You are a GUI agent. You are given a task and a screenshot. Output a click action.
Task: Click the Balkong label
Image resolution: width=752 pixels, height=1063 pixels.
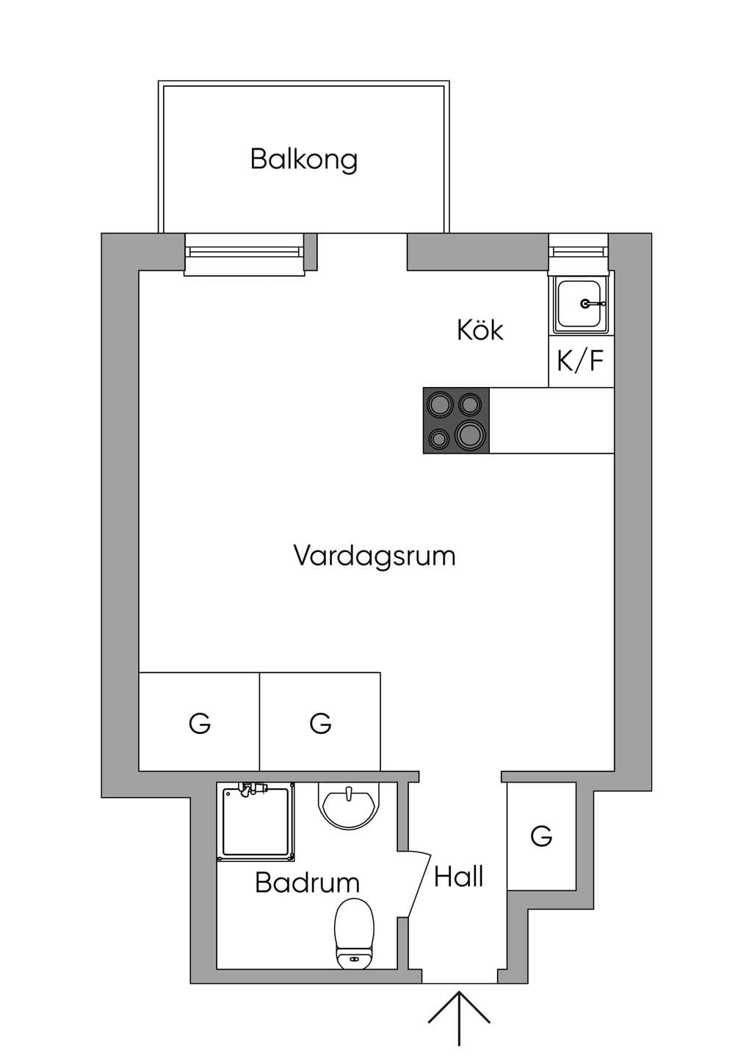click(x=304, y=160)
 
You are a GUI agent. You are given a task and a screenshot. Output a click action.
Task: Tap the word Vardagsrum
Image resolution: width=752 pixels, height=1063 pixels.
click(x=375, y=556)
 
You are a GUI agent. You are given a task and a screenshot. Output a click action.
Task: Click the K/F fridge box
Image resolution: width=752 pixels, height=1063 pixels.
click(x=581, y=361)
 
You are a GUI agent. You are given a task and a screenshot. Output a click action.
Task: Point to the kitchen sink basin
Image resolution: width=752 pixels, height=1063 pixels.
click(x=578, y=304)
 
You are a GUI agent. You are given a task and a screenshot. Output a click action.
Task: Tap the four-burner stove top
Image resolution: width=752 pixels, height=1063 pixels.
click(x=456, y=421)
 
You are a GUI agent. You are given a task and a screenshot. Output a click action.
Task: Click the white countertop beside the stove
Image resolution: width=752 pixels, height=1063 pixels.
click(x=552, y=421)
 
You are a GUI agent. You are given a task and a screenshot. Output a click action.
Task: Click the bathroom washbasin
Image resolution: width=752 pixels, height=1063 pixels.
click(x=350, y=806)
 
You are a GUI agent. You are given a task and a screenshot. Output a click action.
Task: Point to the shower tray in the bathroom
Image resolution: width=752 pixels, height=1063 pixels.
click(x=256, y=822)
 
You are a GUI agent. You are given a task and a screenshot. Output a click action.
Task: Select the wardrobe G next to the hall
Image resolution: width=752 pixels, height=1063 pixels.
click(x=542, y=836)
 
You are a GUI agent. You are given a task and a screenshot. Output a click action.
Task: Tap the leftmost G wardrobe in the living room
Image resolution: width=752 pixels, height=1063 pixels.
click(x=199, y=722)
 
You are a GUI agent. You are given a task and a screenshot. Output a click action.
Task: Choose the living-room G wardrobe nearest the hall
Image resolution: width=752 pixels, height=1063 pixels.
click(x=320, y=722)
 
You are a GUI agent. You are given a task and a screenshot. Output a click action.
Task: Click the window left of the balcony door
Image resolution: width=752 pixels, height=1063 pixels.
click(x=245, y=254)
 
